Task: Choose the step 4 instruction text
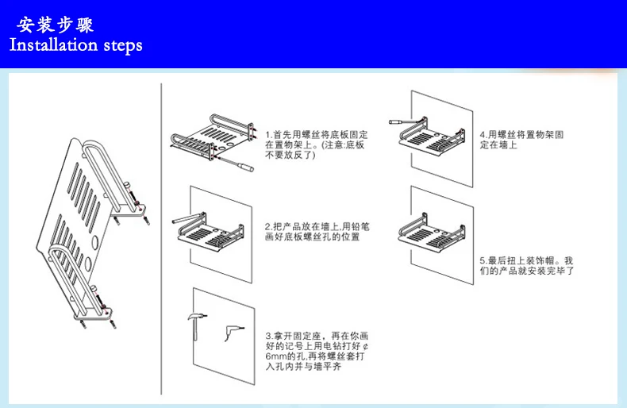click(x=521, y=140)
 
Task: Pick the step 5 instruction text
click(x=526, y=265)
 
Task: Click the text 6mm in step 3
click(x=278, y=356)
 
